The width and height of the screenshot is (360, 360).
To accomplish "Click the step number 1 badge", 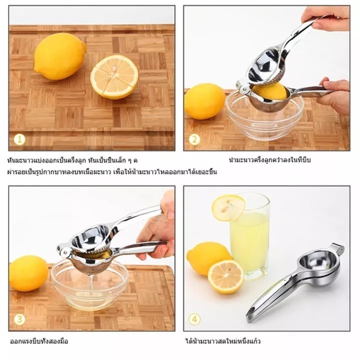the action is click(19, 139).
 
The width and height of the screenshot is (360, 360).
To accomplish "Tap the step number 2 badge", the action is click(194, 139).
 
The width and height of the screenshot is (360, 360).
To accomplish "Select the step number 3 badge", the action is click(19, 319).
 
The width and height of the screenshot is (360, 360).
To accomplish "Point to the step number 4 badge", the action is click(194, 319).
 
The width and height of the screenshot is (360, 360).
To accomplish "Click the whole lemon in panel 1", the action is click(60, 56).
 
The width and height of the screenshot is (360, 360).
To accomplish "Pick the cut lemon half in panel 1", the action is click(114, 77).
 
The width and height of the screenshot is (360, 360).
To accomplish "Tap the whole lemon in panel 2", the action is click(204, 101).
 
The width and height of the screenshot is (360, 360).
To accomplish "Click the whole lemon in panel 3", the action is click(28, 273).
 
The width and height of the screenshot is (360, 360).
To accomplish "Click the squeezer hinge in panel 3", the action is click(63, 250).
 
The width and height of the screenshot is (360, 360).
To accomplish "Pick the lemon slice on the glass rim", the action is click(228, 208).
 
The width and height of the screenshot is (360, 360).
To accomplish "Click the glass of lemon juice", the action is click(249, 236).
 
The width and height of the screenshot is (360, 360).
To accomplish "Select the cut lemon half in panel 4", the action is click(225, 276).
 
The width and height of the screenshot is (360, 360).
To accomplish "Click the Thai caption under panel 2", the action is click(270, 160).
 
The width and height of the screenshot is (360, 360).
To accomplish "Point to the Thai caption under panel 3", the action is click(39, 341).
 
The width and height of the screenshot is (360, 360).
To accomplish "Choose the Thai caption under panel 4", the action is click(222, 341).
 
